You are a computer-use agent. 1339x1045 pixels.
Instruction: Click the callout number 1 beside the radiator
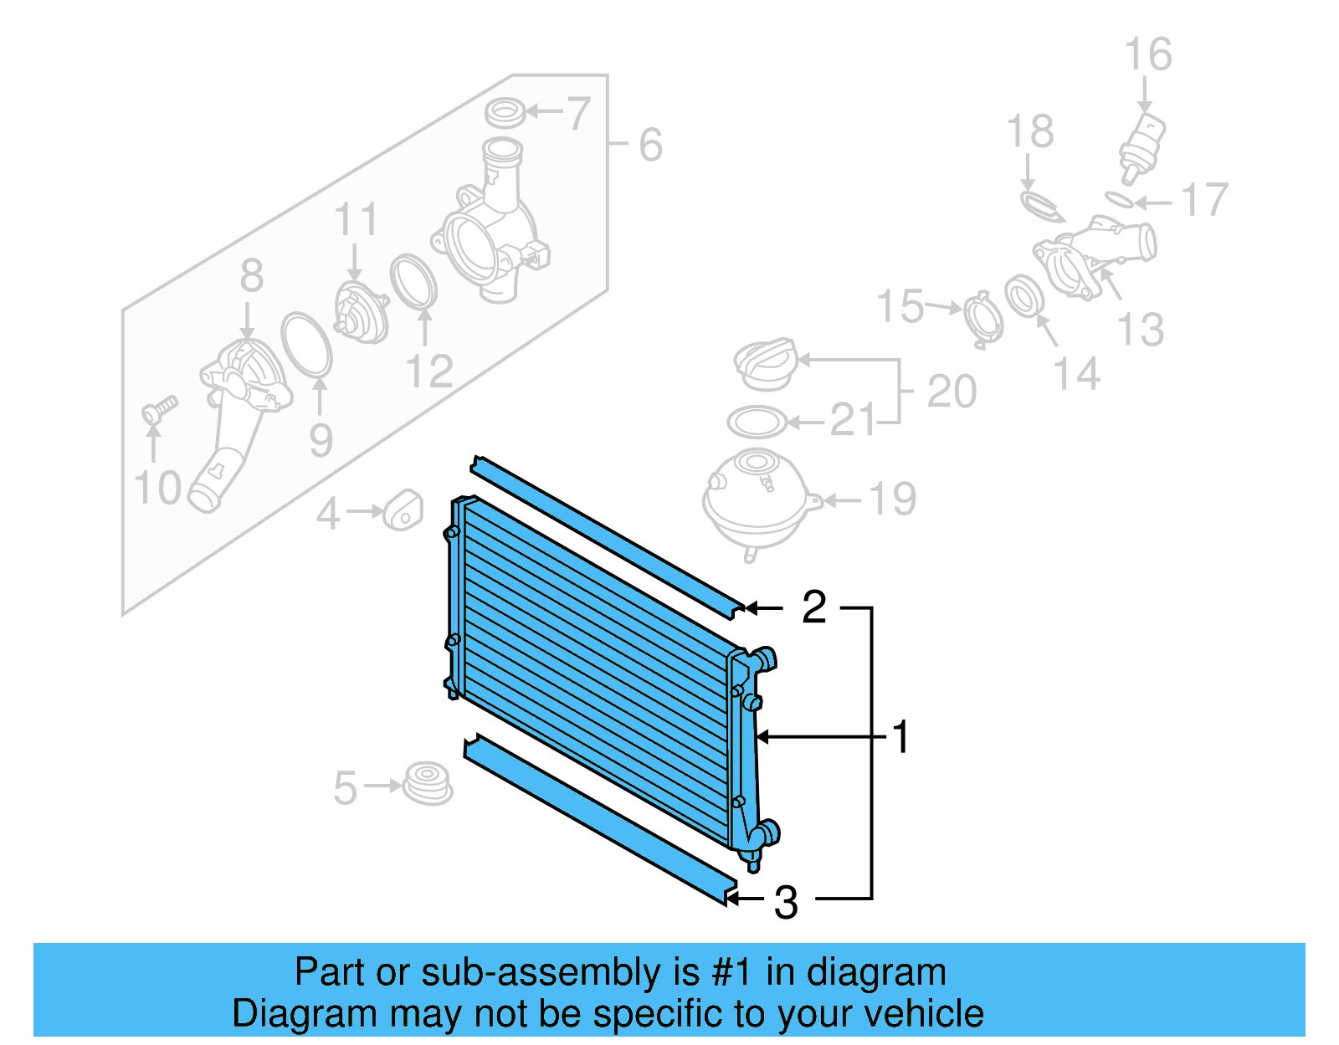pyautogui.click(x=900, y=737)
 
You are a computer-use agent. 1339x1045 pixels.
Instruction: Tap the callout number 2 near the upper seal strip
pyautogui.click(x=813, y=607)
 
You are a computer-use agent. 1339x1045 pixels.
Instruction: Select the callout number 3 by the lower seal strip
pyautogui.click(x=785, y=902)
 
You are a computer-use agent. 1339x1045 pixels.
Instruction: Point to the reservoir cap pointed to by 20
pyautogui.click(x=764, y=364)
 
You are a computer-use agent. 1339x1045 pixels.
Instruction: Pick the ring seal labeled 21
pyautogui.click(x=756, y=423)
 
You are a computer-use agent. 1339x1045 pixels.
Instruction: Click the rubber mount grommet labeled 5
pyautogui.click(x=428, y=783)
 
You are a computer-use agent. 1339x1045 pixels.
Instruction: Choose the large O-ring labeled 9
pyautogui.click(x=306, y=344)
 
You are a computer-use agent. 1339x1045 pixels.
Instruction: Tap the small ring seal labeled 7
pyautogui.click(x=505, y=111)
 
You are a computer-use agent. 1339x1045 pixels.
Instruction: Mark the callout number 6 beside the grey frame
pyautogui.click(x=650, y=144)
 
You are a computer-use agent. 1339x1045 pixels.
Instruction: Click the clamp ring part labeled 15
pyautogui.click(x=982, y=318)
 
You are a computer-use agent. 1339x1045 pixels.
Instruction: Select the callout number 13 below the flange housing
pyautogui.click(x=1141, y=329)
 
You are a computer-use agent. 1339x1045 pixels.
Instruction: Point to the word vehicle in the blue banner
pyautogui.click(x=923, y=1013)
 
